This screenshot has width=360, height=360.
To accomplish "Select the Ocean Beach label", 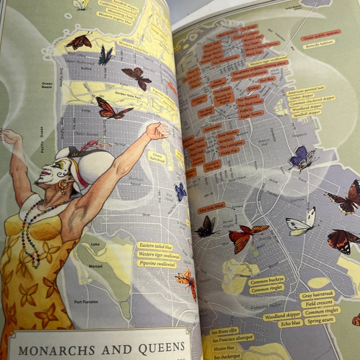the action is (x=46, y=86).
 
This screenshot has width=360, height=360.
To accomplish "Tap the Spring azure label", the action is (x=321, y=319).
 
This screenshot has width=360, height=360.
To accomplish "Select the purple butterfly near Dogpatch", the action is (x=300, y=157).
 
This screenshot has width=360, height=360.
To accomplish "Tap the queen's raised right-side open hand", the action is (x=158, y=131).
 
